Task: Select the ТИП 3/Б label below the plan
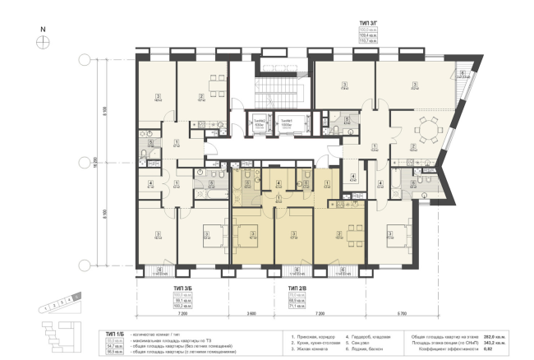coord(183,288)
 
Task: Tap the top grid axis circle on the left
coord(82,59)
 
